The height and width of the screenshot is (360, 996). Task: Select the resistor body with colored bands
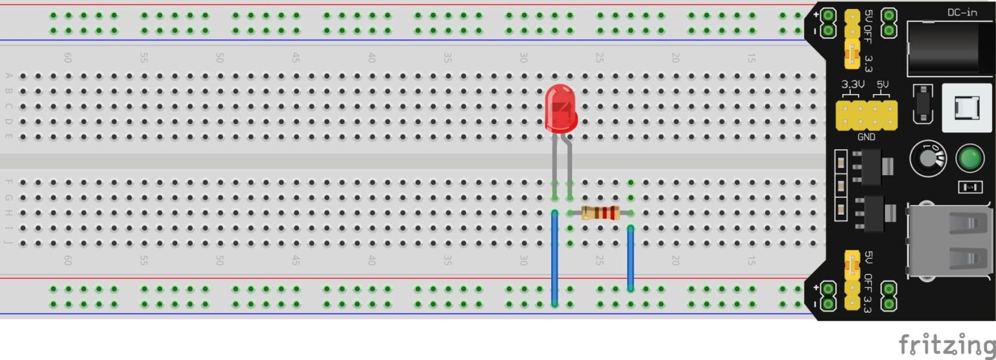(x=600, y=213)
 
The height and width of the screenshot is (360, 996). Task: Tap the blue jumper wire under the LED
(x=554, y=258)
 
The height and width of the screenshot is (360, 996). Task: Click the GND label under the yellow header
(x=866, y=138)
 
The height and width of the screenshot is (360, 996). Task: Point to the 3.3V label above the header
(x=853, y=85)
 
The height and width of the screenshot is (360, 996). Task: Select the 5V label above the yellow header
(x=883, y=85)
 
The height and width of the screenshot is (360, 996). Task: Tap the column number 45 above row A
(x=295, y=58)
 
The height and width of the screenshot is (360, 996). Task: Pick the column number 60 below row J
(x=67, y=260)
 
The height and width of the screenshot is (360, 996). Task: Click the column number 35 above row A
(x=447, y=58)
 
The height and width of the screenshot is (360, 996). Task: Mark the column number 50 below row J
(x=219, y=260)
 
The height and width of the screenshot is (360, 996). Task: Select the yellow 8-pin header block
(x=866, y=115)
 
